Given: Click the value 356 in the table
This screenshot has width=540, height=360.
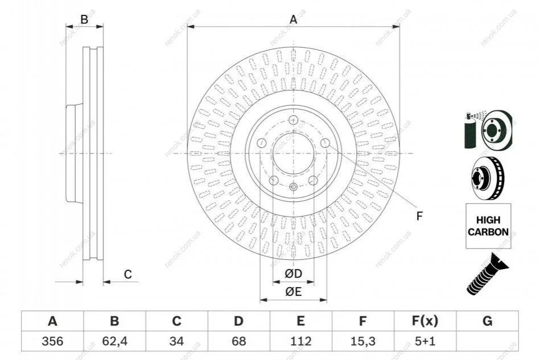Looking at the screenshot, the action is pyautogui.click(x=52, y=341).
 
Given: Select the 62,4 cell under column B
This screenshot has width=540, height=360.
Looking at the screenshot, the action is pyautogui.click(x=115, y=341).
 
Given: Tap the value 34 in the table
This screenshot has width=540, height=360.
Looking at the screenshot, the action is pyautogui.click(x=176, y=341).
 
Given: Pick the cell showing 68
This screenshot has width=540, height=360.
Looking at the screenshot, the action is pyautogui.click(x=238, y=341).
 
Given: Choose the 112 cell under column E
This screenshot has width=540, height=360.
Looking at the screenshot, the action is pyautogui.click(x=300, y=341).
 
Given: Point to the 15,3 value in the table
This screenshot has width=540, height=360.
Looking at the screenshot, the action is pyautogui.click(x=362, y=341).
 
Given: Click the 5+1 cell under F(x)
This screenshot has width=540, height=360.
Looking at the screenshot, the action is pyautogui.click(x=425, y=341).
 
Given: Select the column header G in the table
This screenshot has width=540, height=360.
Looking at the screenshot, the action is pyautogui.click(x=487, y=321).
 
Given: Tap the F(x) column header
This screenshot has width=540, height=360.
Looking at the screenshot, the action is pyautogui.click(x=425, y=321).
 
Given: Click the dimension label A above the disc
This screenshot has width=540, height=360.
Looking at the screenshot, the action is pyautogui.click(x=293, y=19).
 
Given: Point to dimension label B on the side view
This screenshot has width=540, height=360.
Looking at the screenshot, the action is pyautogui.click(x=84, y=19).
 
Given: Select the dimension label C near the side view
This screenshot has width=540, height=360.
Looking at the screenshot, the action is pyautogui.click(x=128, y=274).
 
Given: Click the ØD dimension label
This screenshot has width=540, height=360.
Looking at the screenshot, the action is pyautogui.click(x=293, y=274).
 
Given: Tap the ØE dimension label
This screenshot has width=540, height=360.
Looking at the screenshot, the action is pyautogui.click(x=293, y=292).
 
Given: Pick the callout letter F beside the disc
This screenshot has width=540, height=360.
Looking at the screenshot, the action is pyautogui.click(x=419, y=216).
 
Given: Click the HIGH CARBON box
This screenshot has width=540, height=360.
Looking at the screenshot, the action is pyautogui.click(x=488, y=226).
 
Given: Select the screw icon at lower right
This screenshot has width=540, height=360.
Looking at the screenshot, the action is pyautogui.click(x=487, y=274).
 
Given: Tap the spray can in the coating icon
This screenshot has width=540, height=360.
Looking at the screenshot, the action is pyautogui.click(x=470, y=131).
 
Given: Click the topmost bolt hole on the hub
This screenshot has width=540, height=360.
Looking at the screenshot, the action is pyautogui.click(x=293, y=120).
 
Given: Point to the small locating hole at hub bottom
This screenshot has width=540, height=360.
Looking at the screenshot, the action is pyautogui.click(x=293, y=187).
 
